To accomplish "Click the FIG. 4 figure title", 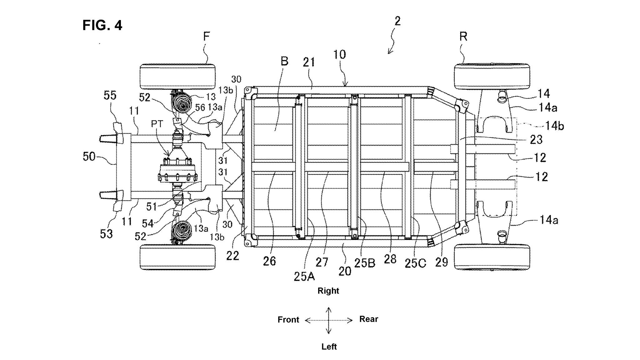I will click(x=102, y=25).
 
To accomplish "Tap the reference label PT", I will click(x=157, y=124).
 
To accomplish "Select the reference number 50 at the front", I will click(x=89, y=156).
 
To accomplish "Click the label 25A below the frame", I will click(x=304, y=276).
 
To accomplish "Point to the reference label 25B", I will click(x=364, y=263).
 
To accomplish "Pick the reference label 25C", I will click(x=415, y=263).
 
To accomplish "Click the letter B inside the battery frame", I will click(x=284, y=61).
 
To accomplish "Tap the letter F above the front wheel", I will click(x=206, y=37).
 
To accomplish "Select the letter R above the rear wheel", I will click(x=463, y=37).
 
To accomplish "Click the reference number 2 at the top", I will click(x=397, y=21).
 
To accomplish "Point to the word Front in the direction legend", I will click(x=288, y=320).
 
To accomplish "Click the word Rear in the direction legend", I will click(x=368, y=319).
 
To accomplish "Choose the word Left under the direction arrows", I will click(x=329, y=347).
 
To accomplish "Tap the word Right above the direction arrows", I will click(x=328, y=291).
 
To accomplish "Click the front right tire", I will click(x=177, y=77).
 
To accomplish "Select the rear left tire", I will click(x=492, y=257).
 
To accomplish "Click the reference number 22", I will click(x=232, y=256).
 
